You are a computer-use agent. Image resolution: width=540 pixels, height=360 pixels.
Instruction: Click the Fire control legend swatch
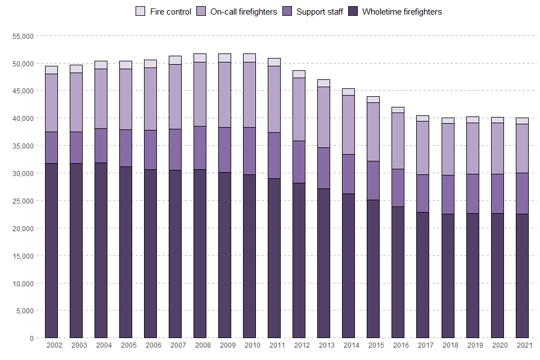(141, 11)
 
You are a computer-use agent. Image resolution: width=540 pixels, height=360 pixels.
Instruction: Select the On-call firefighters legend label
(243, 11)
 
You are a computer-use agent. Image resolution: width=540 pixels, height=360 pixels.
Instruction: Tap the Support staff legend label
(319, 11)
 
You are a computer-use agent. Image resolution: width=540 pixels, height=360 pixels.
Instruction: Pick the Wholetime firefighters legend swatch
(353, 11)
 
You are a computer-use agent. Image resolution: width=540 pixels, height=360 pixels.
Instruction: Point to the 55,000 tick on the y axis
(23, 36)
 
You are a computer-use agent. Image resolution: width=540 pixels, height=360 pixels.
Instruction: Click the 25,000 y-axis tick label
(23, 201)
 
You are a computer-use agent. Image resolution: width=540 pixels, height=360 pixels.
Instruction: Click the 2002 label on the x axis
(55, 345)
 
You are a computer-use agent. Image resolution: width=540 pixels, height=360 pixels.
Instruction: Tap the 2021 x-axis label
(524, 345)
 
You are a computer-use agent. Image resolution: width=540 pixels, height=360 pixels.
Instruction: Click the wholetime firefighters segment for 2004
(101, 250)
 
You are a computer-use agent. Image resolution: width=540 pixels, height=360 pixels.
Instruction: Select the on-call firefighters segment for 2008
(200, 94)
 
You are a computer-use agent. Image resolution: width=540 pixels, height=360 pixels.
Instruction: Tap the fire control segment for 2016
(398, 110)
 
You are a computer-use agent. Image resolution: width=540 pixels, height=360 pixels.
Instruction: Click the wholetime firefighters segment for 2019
(472, 276)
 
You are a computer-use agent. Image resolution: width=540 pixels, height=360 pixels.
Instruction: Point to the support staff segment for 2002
(51, 147)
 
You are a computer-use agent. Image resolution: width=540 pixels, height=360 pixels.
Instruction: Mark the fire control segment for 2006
(150, 64)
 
